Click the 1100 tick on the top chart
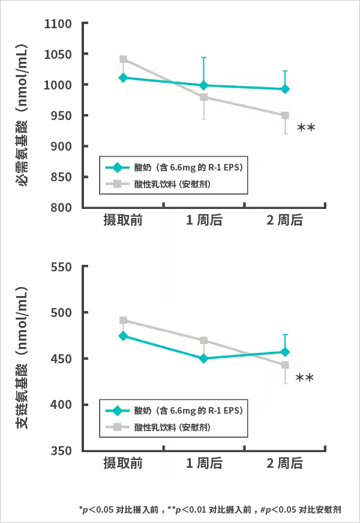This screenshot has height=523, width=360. tap(59, 24)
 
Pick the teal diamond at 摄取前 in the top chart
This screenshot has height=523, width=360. tap(123, 77)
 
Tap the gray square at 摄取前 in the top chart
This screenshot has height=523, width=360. tap(123, 59)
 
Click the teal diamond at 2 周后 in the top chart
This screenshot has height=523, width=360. tap(285, 89)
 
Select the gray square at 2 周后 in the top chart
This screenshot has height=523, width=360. tap(285, 115)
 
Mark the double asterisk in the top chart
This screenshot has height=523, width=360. tap(306, 128)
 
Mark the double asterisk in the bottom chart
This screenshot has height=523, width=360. tap(305, 378)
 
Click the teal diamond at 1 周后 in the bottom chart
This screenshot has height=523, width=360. tap(204, 358)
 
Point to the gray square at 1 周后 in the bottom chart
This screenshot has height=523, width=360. tap(204, 340)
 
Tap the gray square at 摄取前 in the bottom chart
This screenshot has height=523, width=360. tap(123, 321)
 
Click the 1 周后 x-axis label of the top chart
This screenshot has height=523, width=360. tap(204, 220)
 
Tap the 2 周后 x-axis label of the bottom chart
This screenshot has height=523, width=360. tap(285, 464)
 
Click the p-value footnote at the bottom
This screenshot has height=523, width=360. tap(210, 510)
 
